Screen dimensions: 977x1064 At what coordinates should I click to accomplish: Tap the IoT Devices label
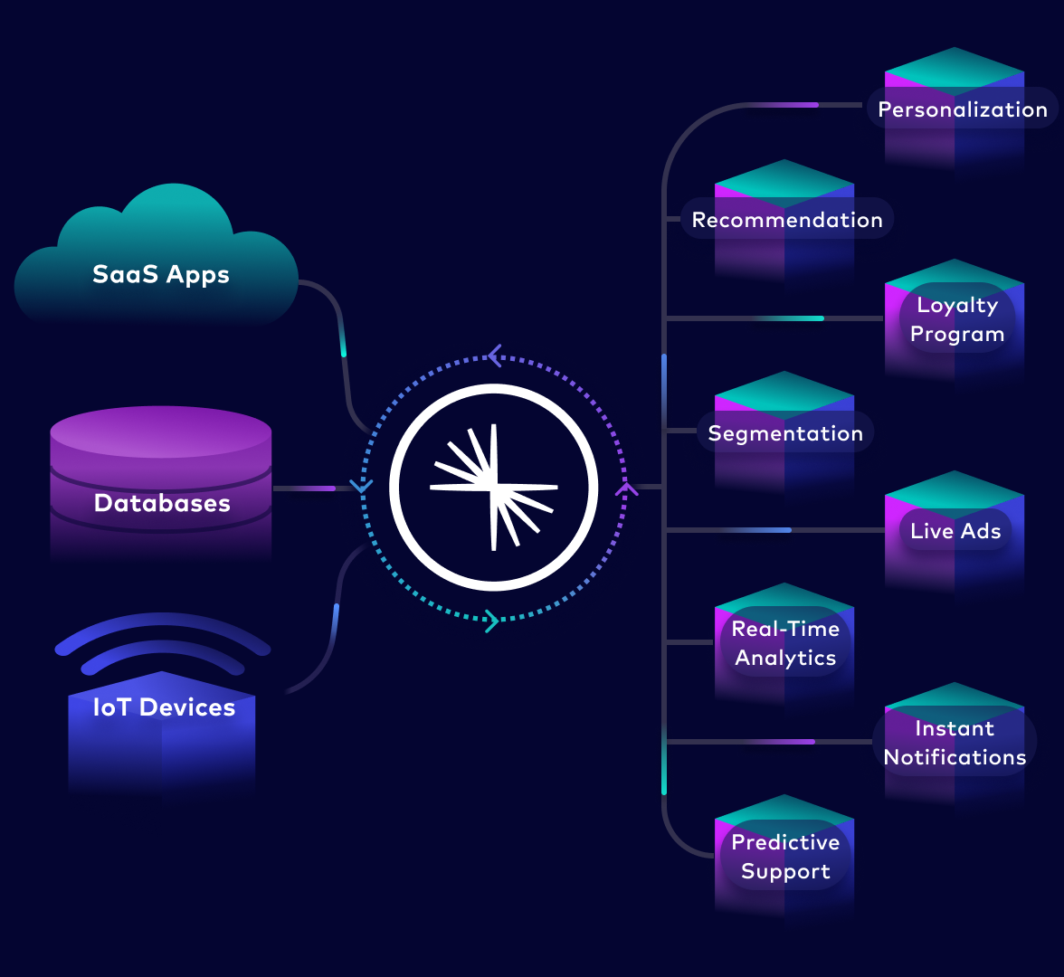[x=164, y=707]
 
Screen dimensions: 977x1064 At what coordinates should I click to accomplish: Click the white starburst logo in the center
[x=493, y=488]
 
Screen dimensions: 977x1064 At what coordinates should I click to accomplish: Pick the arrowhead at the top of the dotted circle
[x=494, y=356]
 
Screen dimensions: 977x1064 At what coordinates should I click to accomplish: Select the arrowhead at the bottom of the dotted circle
[x=491, y=621]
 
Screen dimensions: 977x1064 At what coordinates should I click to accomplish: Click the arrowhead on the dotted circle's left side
[x=361, y=487]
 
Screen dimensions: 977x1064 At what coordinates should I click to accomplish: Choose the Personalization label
[x=963, y=109]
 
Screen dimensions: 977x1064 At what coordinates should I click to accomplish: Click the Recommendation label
[x=787, y=220]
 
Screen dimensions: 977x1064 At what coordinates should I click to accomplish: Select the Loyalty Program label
[x=957, y=319]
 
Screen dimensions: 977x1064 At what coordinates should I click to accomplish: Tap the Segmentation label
[x=785, y=433]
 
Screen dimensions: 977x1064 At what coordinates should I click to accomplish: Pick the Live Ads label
[x=955, y=531]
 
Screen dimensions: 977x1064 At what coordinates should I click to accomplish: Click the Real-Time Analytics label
[x=785, y=643]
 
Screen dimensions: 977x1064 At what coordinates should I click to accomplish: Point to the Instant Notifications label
[x=955, y=743]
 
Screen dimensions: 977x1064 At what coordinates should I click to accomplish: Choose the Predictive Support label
[x=785, y=857]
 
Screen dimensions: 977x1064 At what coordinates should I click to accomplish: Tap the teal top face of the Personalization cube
[x=955, y=69]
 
